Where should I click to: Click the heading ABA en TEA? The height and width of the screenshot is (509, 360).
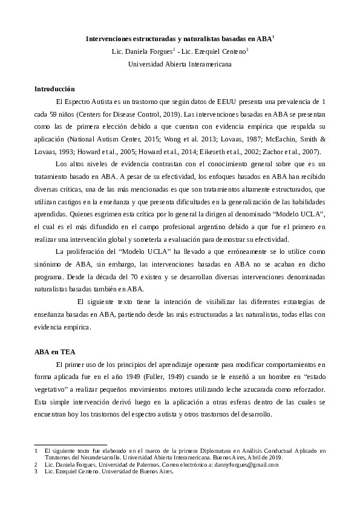tap(54, 351)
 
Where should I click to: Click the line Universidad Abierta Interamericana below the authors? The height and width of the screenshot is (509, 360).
tap(180, 64)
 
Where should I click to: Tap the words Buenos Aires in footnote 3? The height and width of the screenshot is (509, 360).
tap(158, 472)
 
